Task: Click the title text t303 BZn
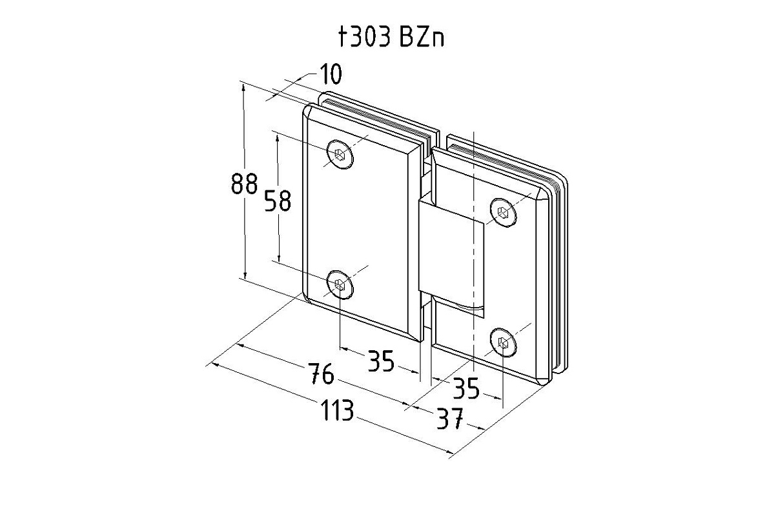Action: pos(391,37)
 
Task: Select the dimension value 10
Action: pos(331,74)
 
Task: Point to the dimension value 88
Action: pos(244,183)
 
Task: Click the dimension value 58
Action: pos(277,201)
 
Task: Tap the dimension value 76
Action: pos(322,373)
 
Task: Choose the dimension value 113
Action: pos(337,410)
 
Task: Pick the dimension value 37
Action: pos(450,418)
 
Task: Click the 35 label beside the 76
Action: pos(381,361)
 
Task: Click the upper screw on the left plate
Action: pos(340,154)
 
